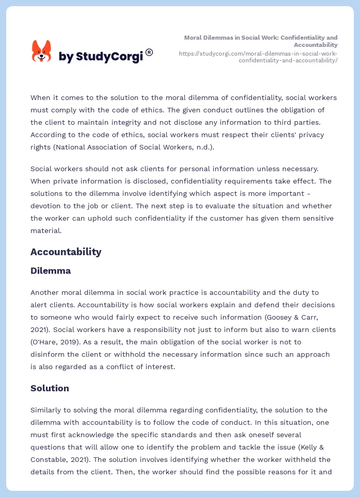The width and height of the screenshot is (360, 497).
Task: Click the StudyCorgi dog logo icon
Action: pyautogui.click(x=42, y=52)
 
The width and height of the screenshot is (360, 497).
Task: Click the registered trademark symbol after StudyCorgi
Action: pyautogui.click(x=149, y=52)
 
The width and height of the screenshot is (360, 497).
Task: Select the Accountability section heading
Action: pyautogui.click(x=66, y=252)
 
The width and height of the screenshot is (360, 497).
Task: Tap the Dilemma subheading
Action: pyautogui.click(x=51, y=271)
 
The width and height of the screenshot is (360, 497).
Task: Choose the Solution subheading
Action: pyautogui.click(x=50, y=388)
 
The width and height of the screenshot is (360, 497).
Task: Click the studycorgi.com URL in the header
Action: pyautogui.click(x=258, y=57)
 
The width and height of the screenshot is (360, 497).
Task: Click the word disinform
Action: pyautogui.click(x=47, y=354)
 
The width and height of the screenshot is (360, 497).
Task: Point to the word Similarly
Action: pyautogui.click(x=48, y=410)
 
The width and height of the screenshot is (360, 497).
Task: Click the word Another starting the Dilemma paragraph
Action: pyautogui.click(x=46, y=292)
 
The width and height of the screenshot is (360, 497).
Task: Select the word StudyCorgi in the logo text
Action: pyautogui.click(x=109, y=56)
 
